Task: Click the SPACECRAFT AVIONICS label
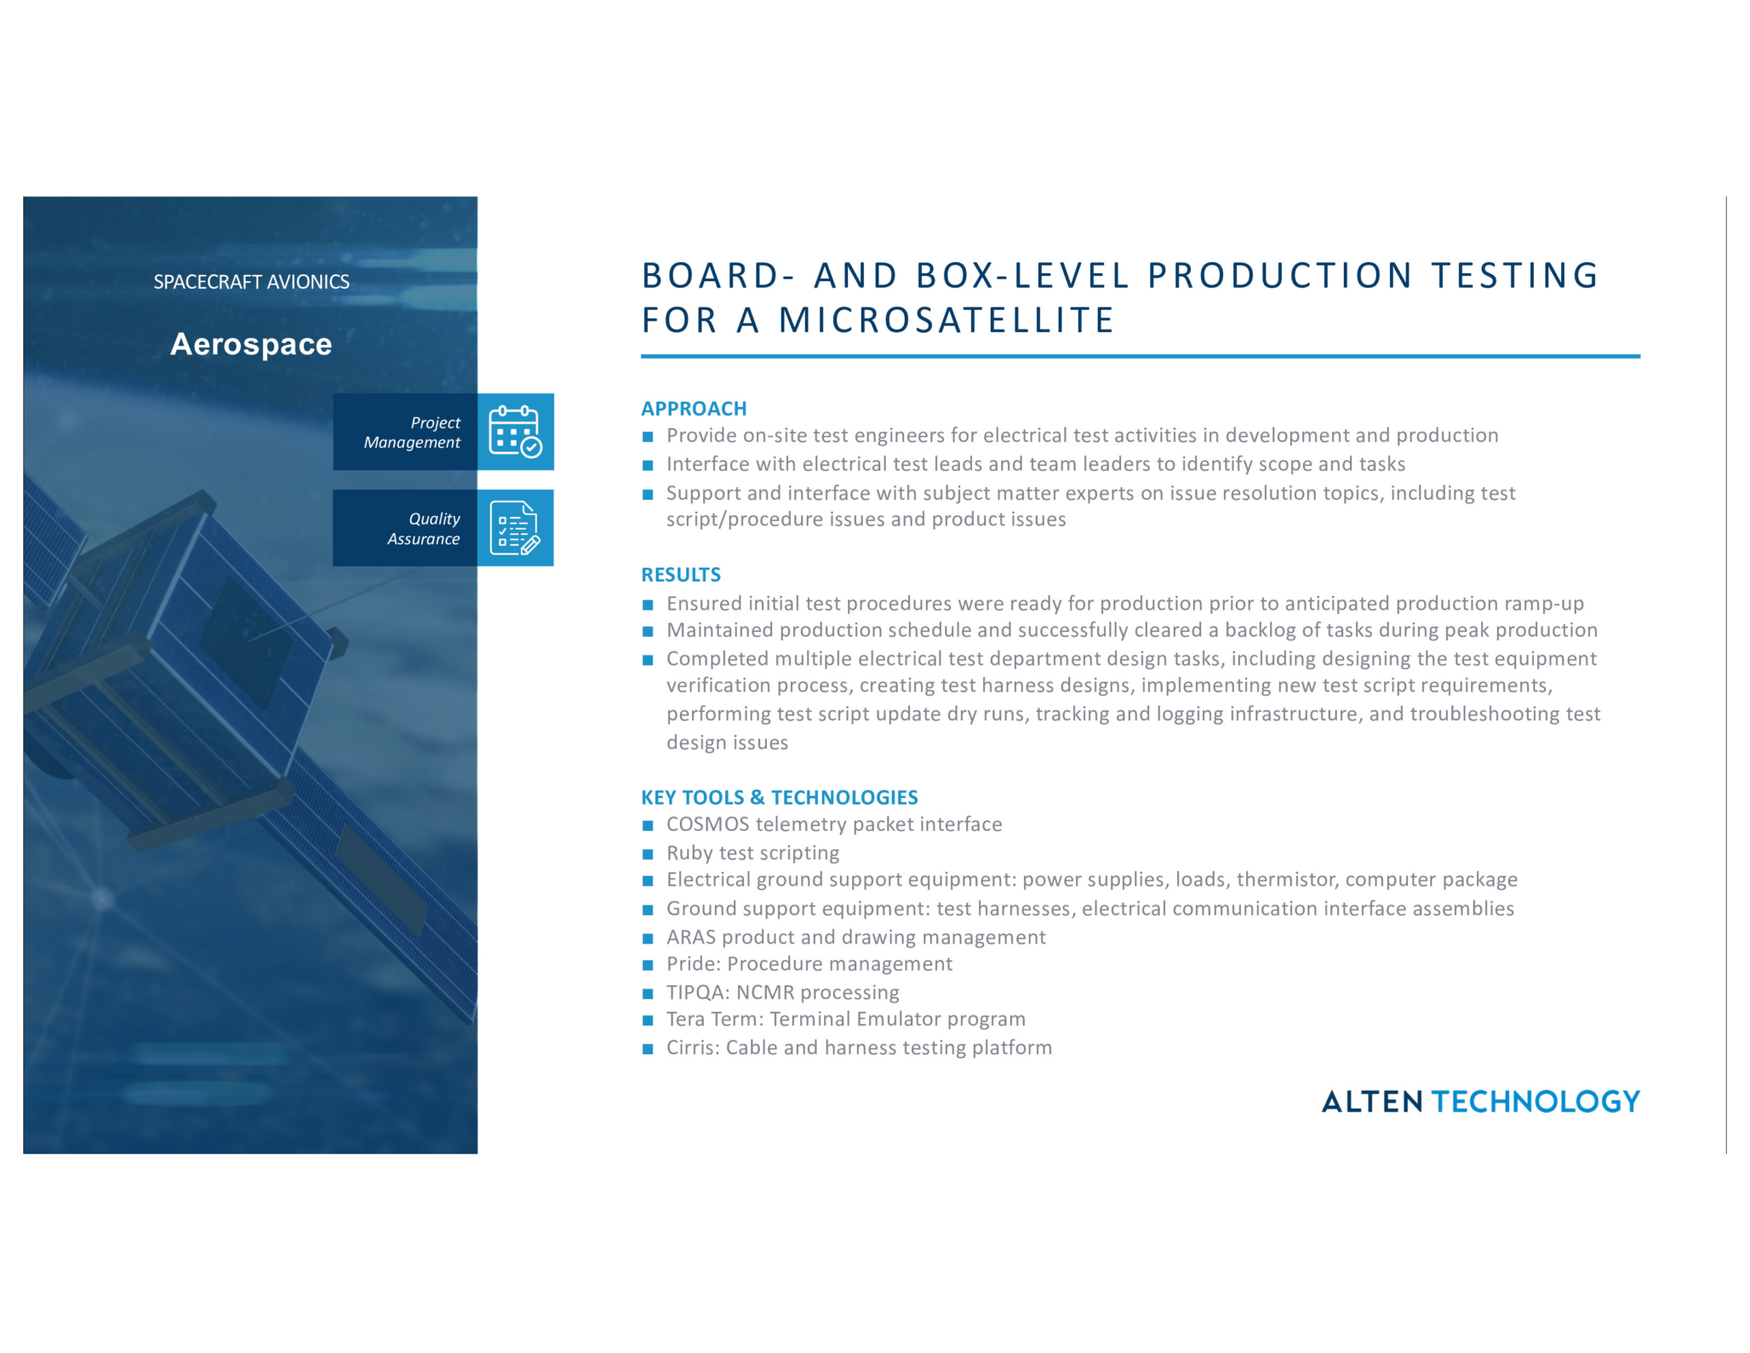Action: [251, 282]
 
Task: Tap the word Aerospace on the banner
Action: [251, 344]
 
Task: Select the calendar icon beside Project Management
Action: [515, 432]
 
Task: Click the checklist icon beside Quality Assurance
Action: [515, 528]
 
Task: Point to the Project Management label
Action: [412, 433]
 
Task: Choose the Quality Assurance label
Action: [423, 529]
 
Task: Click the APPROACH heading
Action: [694, 409]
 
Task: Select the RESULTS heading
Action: [681, 575]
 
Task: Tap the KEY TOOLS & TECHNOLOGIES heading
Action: [780, 798]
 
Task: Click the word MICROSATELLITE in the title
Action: [946, 321]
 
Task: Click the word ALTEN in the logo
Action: [1371, 1102]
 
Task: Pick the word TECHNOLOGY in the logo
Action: [1536, 1102]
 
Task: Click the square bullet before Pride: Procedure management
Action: [648, 966]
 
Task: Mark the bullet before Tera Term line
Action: [648, 1020]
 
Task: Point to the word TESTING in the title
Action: [1515, 276]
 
